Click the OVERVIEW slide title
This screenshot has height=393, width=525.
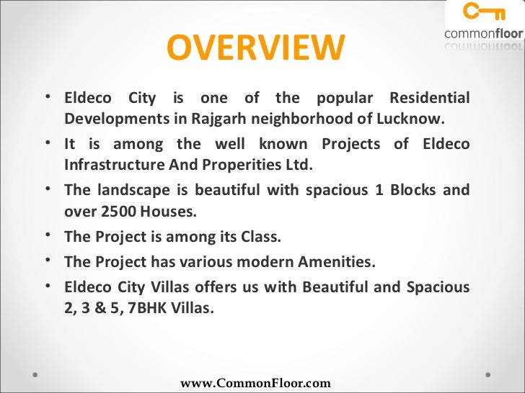256,49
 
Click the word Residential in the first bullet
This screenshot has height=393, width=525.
429,97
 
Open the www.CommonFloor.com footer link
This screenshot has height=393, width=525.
255,384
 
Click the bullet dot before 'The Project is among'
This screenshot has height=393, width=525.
48,235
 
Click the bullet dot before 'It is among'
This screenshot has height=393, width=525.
48,143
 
